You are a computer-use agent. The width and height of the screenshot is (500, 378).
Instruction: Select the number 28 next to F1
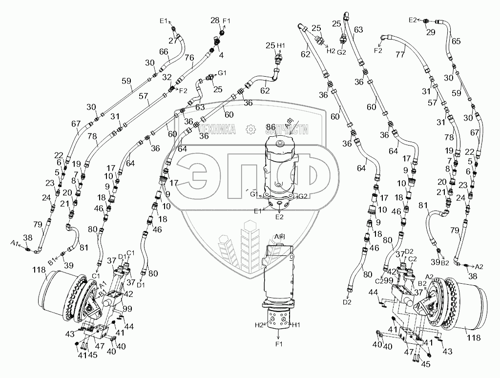coord(215,21)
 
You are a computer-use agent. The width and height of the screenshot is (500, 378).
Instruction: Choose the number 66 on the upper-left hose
coord(164,52)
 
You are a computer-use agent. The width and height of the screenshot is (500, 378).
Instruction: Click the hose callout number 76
coord(189,59)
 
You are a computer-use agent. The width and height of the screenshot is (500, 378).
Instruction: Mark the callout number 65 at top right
coord(456,41)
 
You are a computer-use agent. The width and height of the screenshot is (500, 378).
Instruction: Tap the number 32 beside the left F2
coord(167,77)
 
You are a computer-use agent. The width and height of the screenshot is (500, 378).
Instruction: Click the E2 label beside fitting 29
coord(413,20)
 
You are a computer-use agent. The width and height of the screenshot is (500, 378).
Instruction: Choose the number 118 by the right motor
coord(473,337)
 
